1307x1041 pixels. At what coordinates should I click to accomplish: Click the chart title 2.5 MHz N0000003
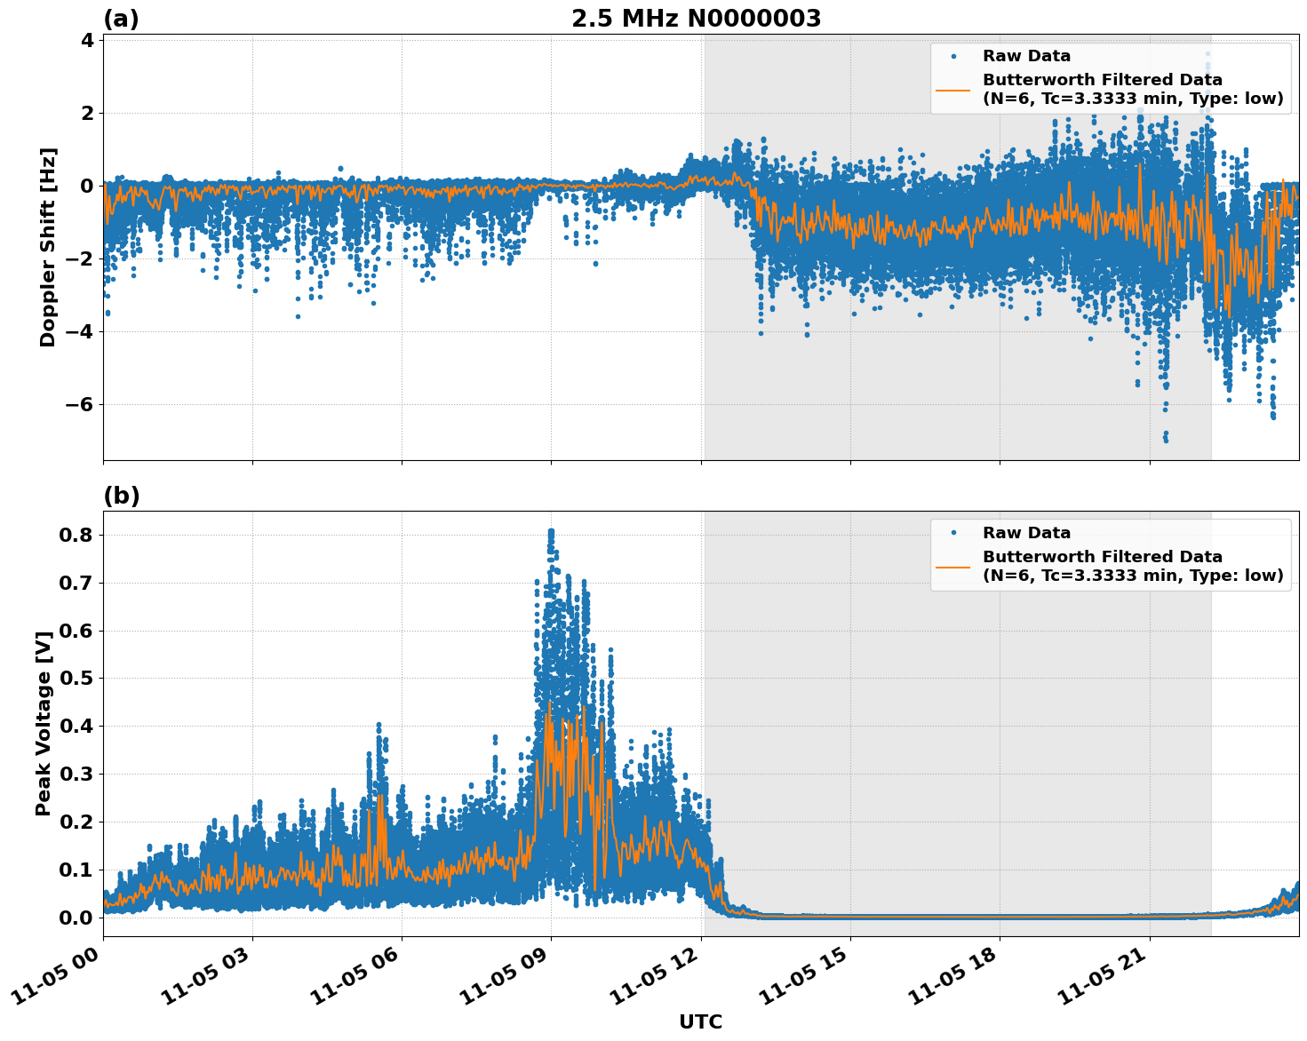[x=696, y=19]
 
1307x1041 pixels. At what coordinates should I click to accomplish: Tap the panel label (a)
[x=121, y=19]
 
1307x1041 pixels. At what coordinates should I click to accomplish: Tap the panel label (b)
[x=121, y=496]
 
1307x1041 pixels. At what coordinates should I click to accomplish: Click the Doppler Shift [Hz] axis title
[x=48, y=247]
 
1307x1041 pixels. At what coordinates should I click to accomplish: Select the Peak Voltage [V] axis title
[x=44, y=723]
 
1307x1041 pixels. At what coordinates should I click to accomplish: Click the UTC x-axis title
[x=700, y=1021]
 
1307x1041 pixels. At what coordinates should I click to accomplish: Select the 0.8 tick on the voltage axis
[x=76, y=535]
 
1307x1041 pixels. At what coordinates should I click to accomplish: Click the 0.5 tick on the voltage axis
[x=76, y=679]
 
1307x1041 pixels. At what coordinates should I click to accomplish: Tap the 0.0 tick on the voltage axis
[x=76, y=918]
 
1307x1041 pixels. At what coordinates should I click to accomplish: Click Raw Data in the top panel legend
[x=1026, y=56]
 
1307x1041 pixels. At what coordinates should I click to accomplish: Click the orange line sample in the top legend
[x=953, y=89]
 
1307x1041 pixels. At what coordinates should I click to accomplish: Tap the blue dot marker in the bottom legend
[x=953, y=533]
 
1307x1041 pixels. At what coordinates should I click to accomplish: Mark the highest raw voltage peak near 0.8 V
[x=551, y=531]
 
